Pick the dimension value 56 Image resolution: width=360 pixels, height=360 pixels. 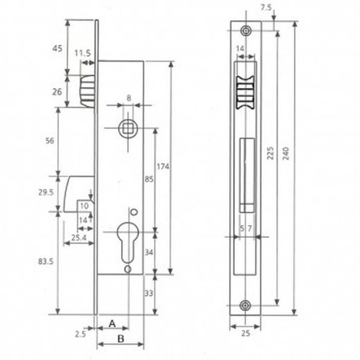point(49,141)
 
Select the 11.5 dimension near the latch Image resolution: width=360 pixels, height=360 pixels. point(82,53)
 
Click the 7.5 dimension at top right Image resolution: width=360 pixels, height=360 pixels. point(267,8)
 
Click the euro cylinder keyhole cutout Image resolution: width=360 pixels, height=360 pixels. point(128,237)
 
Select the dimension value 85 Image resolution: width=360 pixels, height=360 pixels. point(147,178)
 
